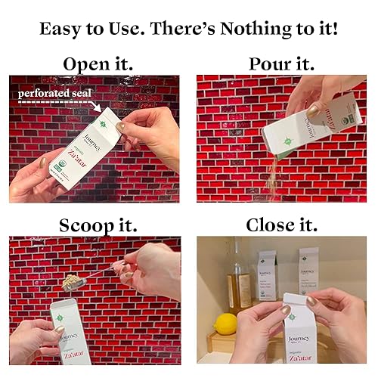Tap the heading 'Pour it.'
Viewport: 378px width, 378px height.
281,64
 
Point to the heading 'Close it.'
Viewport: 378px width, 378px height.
281,226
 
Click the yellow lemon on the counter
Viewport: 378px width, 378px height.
225,324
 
